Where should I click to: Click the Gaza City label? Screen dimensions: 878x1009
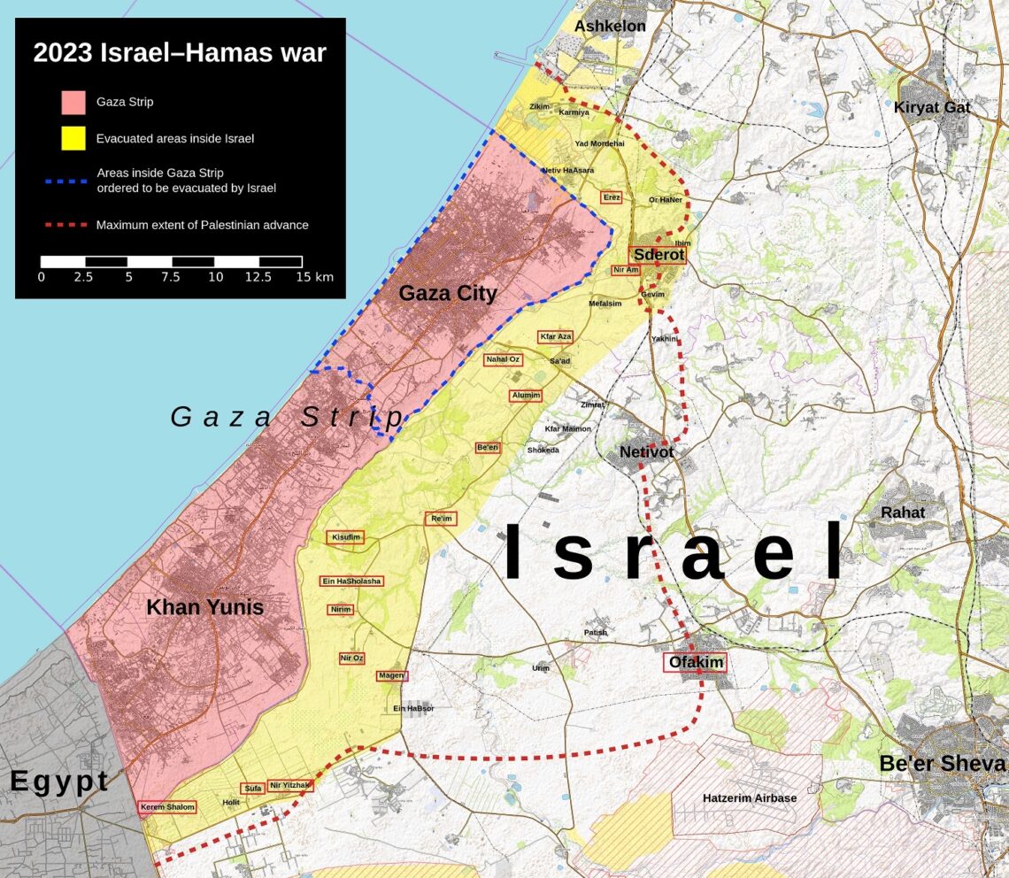(x=447, y=293)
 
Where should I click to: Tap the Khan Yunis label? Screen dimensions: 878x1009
(x=204, y=608)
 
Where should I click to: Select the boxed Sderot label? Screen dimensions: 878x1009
(x=659, y=255)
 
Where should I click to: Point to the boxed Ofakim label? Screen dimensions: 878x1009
(x=696, y=662)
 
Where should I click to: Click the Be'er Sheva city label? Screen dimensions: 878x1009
(x=942, y=764)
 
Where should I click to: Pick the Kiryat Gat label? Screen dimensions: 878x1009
(x=931, y=108)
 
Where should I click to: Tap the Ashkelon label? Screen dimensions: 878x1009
(x=610, y=27)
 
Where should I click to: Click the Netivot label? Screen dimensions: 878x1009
(x=646, y=452)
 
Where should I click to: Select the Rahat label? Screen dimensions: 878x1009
(x=902, y=512)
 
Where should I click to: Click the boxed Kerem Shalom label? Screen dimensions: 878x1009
(x=167, y=807)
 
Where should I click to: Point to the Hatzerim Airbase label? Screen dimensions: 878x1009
(x=750, y=798)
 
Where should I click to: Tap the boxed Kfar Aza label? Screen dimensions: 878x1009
(x=556, y=337)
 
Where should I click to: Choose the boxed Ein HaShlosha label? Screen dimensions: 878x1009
(x=351, y=581)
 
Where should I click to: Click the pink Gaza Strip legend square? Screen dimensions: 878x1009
(x=73, y=102)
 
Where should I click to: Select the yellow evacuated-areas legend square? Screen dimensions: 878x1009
(x=73, y=138)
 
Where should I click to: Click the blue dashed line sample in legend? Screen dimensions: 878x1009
(x=65, y=180)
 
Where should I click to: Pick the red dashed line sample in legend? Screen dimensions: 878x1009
(x=65, y=225)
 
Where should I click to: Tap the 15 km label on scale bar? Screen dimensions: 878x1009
(x=315, y=277)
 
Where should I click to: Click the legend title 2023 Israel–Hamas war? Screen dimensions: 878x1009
(x=180, y=53)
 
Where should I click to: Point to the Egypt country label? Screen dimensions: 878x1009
(x=59, y=782)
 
